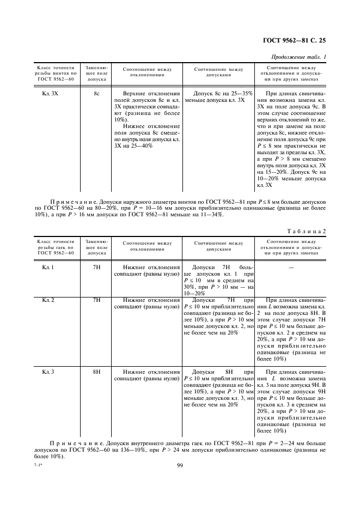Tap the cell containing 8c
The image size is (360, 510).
tap(96, 94)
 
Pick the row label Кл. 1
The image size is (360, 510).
tap(48, 268)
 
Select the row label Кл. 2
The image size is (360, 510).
tap(48, 300)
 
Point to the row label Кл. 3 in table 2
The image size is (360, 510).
tap(48, 371)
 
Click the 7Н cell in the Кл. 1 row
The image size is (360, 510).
tap(97, 268)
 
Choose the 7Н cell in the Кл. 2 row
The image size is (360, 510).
tap(97, 300)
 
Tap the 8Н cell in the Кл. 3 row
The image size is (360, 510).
tap(97, 371)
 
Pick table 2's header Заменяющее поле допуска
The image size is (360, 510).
tap(96, 247)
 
